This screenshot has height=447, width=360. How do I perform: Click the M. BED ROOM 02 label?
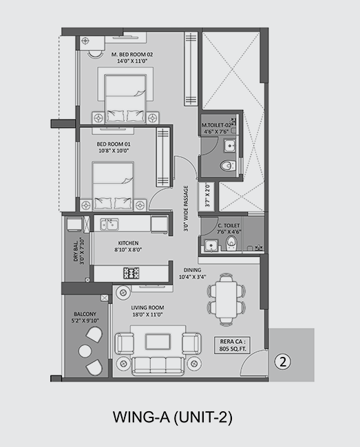point(132,54)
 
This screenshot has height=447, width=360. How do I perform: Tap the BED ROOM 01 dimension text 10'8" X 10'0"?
point(114,151)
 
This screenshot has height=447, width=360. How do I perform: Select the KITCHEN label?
point(128,243)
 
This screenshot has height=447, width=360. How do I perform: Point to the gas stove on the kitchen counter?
point(131,273)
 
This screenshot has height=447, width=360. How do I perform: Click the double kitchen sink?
point(109,224)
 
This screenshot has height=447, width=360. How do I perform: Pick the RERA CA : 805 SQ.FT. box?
point(233,345)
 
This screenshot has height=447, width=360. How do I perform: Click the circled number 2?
point(283,362)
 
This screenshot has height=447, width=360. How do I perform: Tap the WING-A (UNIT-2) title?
point(173,417)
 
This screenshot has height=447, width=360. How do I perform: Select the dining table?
point(226,300)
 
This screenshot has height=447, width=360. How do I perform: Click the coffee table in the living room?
point(158,342)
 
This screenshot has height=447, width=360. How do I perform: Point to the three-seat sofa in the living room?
point(158,366)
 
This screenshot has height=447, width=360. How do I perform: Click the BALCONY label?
point(85,314)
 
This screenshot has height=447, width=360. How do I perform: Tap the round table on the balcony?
point(85,351)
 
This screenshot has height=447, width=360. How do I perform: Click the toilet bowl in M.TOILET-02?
point(228,166)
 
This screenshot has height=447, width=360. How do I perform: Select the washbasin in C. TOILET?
point(211,246)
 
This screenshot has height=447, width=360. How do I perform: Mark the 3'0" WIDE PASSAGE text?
point(186,208)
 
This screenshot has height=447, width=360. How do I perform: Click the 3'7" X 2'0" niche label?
point(207,195)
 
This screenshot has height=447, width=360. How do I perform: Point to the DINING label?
point(192,270)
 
